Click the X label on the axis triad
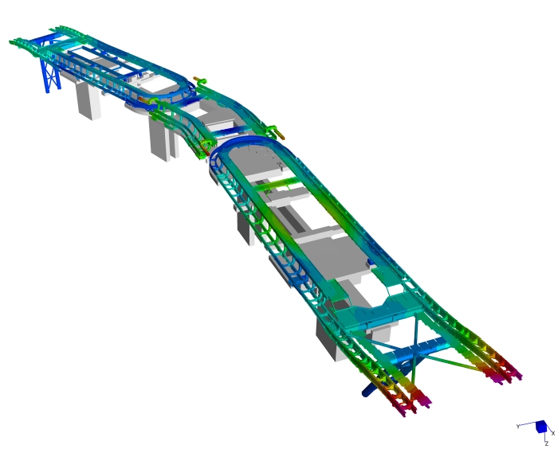click(552, 433)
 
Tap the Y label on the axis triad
click(518, 426)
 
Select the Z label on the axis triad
click(546, 443)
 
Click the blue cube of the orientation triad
click(541, 426)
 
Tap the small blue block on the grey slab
click(371, 262)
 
